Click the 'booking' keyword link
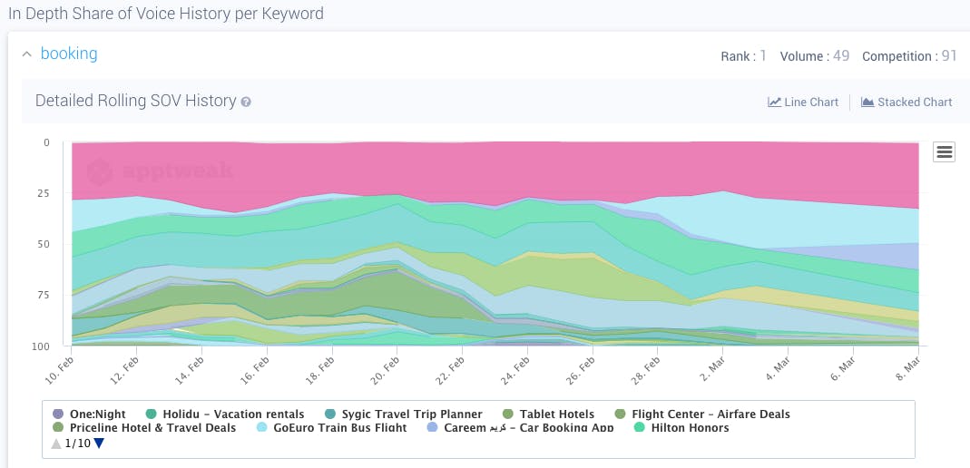[69, 54]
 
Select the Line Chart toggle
[803, 102]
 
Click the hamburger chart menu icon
[944, 152]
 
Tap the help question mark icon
[246, 102]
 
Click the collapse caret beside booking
[26, 54]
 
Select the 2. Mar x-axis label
[712, 370]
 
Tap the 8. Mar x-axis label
[906, 370]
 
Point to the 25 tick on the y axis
[44, 193]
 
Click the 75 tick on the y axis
[44, 295]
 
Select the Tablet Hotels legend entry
[549, 414]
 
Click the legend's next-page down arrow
[99, 444]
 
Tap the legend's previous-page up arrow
[56, 444]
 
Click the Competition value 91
[949, 56]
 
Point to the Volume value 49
[841, 56]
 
